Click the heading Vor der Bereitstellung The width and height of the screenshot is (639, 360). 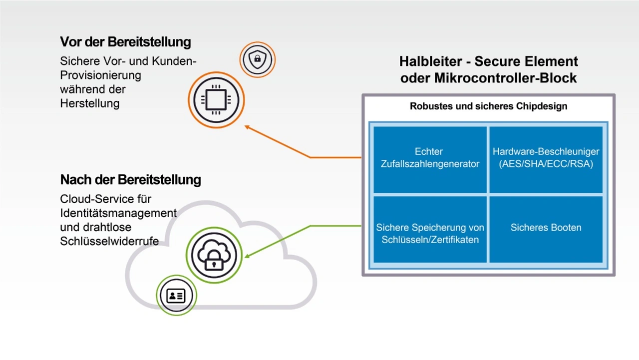125,42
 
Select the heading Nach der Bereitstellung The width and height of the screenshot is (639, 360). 130,180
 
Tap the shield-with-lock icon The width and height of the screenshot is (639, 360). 257,59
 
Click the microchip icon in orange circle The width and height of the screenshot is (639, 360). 216,100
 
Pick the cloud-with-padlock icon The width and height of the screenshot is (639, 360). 214,255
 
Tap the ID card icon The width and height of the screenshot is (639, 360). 176,296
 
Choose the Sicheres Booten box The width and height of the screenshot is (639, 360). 546,228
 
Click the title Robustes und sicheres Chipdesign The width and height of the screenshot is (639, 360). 488,106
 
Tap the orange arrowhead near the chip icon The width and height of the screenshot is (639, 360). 247,127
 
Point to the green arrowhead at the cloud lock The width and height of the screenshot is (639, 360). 247,257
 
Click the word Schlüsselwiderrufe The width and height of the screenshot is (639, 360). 109,242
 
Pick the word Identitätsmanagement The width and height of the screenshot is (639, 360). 118,213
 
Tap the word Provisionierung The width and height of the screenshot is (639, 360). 100,75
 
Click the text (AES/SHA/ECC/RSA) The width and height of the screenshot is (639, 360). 546,164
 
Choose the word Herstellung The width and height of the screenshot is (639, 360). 90,104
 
